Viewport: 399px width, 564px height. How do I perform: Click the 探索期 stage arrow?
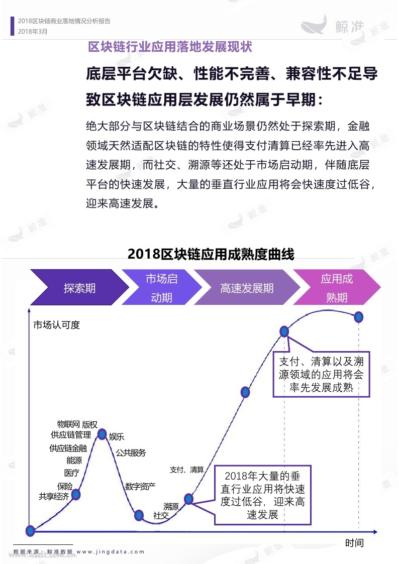click(x=79, y=287)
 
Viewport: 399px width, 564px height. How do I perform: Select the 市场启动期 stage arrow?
click(x=161, y=287)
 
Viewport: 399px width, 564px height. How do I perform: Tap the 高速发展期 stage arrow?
click(x=247, y=287)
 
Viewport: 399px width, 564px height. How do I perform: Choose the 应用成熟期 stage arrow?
click(x=337, y=287)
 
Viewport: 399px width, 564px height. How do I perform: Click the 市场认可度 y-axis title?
click(x=56, y=325)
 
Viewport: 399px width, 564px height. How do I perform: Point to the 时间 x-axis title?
click(x=354, y=543)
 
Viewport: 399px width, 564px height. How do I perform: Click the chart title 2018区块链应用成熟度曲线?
click(x=211, y=254)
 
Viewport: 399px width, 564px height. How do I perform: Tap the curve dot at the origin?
click(x=30, y=530)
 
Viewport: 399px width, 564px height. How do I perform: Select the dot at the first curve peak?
click(x=102, y=434)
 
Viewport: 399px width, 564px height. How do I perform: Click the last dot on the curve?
click(x=358, y=317)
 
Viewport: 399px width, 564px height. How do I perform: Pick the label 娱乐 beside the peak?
click(x=117, y=436)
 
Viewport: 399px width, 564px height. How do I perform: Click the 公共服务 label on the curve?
click(x=131, y=453)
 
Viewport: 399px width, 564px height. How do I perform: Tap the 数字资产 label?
click(x=140, y=487)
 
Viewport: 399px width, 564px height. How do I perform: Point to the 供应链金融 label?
click(x=68, y=448)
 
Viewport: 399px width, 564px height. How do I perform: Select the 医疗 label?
click(x=71, y=473)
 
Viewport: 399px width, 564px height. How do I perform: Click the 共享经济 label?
click(x=54, y=497)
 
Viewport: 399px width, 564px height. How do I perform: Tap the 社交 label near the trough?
click(x=161, y=515)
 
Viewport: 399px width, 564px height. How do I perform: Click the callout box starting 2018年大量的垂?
click(x=263, y=495)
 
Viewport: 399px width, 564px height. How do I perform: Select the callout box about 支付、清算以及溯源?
click(x=321, y=374)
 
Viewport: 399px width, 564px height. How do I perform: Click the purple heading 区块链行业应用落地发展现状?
click(x=170, y=47)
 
